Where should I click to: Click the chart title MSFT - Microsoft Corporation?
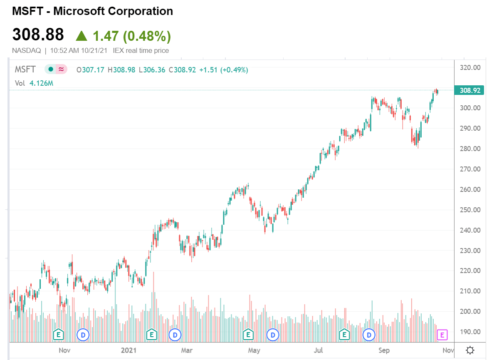pyautogui.click(x=92, y=11)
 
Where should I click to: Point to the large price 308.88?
pyautogui.click(x=38, y=35)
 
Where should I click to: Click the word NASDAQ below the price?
pyautogui.click(x=27, y=51)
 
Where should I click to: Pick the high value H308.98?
pyautogui.click(x=121, y=70)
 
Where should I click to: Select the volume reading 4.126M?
pyautogui.click(x=42, y=83)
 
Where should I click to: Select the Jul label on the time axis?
pyautogui.click(x=319, y=350)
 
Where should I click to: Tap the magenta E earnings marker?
pyautogui.click(x=442, y=334)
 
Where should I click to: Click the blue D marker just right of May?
pyautogui.click(x=273, y=334)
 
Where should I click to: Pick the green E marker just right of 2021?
pyautogui.click(x=152, y=334)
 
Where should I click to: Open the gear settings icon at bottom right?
pyautogui.click(x=470, y=350)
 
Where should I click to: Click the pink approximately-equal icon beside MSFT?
pyautogui.click(x=62, y=70)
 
